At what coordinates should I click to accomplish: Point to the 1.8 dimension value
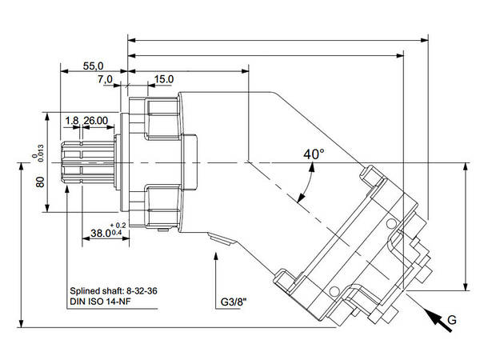tap(72, 120)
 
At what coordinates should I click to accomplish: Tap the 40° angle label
tap(314, 154)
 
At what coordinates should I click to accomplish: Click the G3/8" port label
tap(234, 303)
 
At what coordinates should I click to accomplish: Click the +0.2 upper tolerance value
tap(120, 226)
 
